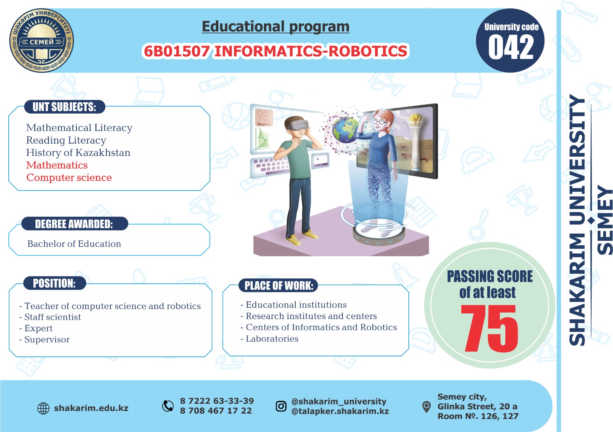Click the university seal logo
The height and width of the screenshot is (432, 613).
(x=42, y=41)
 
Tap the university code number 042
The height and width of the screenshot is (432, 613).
(x=511, y=47)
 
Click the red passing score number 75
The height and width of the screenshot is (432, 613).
(x=490, y=328)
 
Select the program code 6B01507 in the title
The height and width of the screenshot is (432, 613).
(x=177, y=51)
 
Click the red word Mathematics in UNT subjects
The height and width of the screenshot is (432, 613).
(x=57, y=165)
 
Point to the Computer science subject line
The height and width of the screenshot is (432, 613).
(x=69, y=178)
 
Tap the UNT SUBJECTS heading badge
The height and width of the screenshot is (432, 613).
(x=65, y=107)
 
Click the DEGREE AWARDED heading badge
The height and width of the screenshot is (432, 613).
(x=74, y=224)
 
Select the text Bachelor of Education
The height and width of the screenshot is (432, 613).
(x=74, y=244)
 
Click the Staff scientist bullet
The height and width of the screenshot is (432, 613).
(x=50, y=317)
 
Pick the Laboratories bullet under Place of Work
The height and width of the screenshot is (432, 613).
(x=269, y=339)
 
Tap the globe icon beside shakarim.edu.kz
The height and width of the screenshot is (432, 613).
(x=43, y=409)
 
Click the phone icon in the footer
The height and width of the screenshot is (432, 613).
(x=168, y=406)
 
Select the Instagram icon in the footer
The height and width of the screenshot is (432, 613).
(x=281, y=406)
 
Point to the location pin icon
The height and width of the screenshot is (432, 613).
(x=426, y=407)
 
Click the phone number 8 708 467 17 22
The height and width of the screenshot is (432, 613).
(x=216, y=411)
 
